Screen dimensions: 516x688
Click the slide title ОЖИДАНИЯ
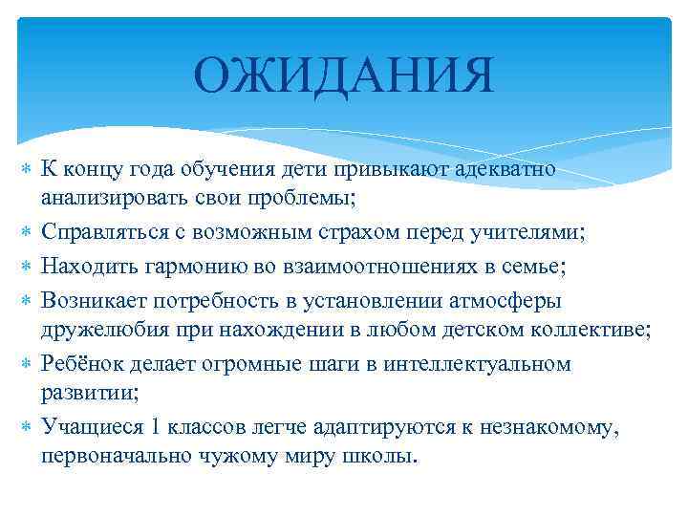point(344,75)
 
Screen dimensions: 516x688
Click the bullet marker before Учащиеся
point(27,427)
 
